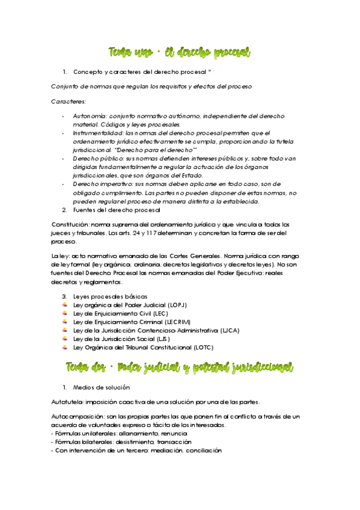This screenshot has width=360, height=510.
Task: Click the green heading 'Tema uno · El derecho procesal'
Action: tap(180, 52)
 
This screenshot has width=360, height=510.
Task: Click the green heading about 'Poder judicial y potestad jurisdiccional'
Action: tap(180, 366)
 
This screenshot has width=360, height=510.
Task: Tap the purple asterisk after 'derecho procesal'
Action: tap(209, 72)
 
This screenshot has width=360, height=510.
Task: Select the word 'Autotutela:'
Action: tap(69, 402)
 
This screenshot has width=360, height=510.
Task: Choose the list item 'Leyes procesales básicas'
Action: tap(109, 296)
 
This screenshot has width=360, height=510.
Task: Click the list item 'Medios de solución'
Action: tap(100, 387)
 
